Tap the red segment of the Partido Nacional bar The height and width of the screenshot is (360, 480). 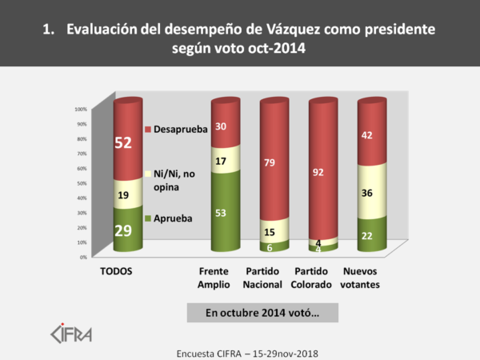pyautogui.click(x=275, y=160)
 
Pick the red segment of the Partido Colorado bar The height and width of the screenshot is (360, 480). pyautogui.click(x=324, y=168)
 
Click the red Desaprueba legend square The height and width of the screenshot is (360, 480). pyautogui.click(x=149, y=129)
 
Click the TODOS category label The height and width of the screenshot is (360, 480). pyautogui.click(x=115, y=271)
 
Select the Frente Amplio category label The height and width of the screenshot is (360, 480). pyautogui.click(x=214, y=278)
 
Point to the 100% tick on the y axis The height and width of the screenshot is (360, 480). pyautogui.click(x=80, y=109)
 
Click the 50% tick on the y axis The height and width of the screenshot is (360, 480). pyautogui.click(x=81, y=182)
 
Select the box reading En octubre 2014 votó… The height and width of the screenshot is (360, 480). pyautogui.click(x=252, y=312)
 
